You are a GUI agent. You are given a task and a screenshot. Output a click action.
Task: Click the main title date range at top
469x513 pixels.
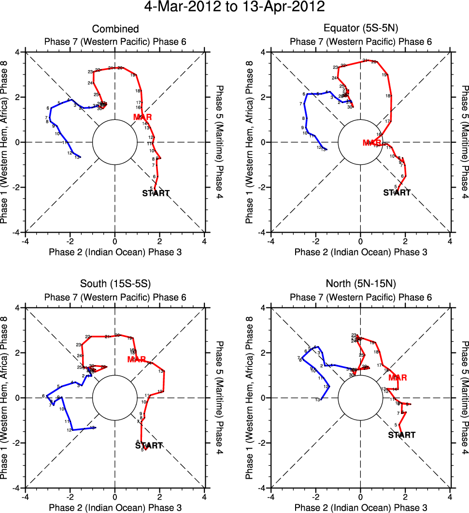tap(234, 8)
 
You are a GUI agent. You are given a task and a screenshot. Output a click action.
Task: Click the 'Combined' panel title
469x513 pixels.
tap(115, 29)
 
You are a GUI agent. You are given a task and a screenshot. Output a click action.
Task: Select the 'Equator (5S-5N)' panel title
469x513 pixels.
tap(361, 29)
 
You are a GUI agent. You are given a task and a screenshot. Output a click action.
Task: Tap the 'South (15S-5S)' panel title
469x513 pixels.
tap(115, 284)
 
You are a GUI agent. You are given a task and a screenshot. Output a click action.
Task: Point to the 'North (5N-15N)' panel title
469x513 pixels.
tap(361, 284)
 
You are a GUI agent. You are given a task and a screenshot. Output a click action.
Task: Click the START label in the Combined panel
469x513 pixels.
tap(156, 193)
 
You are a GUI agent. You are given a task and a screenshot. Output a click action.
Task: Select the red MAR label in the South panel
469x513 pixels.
tap(137, 359)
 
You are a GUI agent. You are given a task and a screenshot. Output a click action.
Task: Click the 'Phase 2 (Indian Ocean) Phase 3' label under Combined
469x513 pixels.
tap(115, 251)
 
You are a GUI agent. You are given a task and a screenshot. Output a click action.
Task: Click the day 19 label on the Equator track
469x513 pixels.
tap(385, 75)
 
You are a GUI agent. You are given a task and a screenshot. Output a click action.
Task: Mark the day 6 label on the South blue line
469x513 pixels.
tap(43, 396)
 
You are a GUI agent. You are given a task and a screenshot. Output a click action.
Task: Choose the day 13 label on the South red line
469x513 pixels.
tap(161, 371)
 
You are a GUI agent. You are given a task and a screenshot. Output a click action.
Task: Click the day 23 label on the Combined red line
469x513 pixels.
tap(90, 72)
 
